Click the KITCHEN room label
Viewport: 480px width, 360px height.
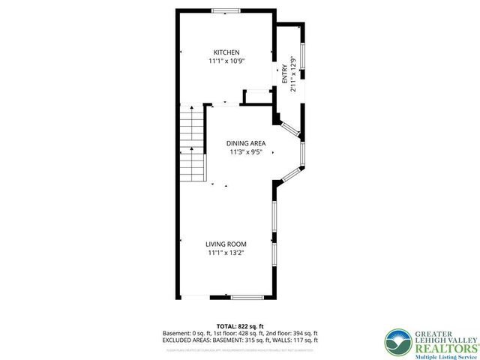pyautogui.click(x=226, y=52)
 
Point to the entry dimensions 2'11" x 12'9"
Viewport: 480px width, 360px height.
pyautogui.click(x=293, y=75)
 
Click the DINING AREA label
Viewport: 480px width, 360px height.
pyautogui.click(x=247, y=142)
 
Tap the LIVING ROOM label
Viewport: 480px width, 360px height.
pyautogui.click(x=226, y=244)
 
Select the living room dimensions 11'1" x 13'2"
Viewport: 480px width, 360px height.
pyautogui.click(x=226, y=253)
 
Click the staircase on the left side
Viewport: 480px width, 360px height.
pyautogui.click(x=193, y=142)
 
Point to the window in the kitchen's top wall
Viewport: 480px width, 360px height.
pyautogui.click(x=221, y=10)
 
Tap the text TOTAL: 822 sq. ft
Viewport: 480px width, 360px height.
pyautogui.click(x=240, y=326)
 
